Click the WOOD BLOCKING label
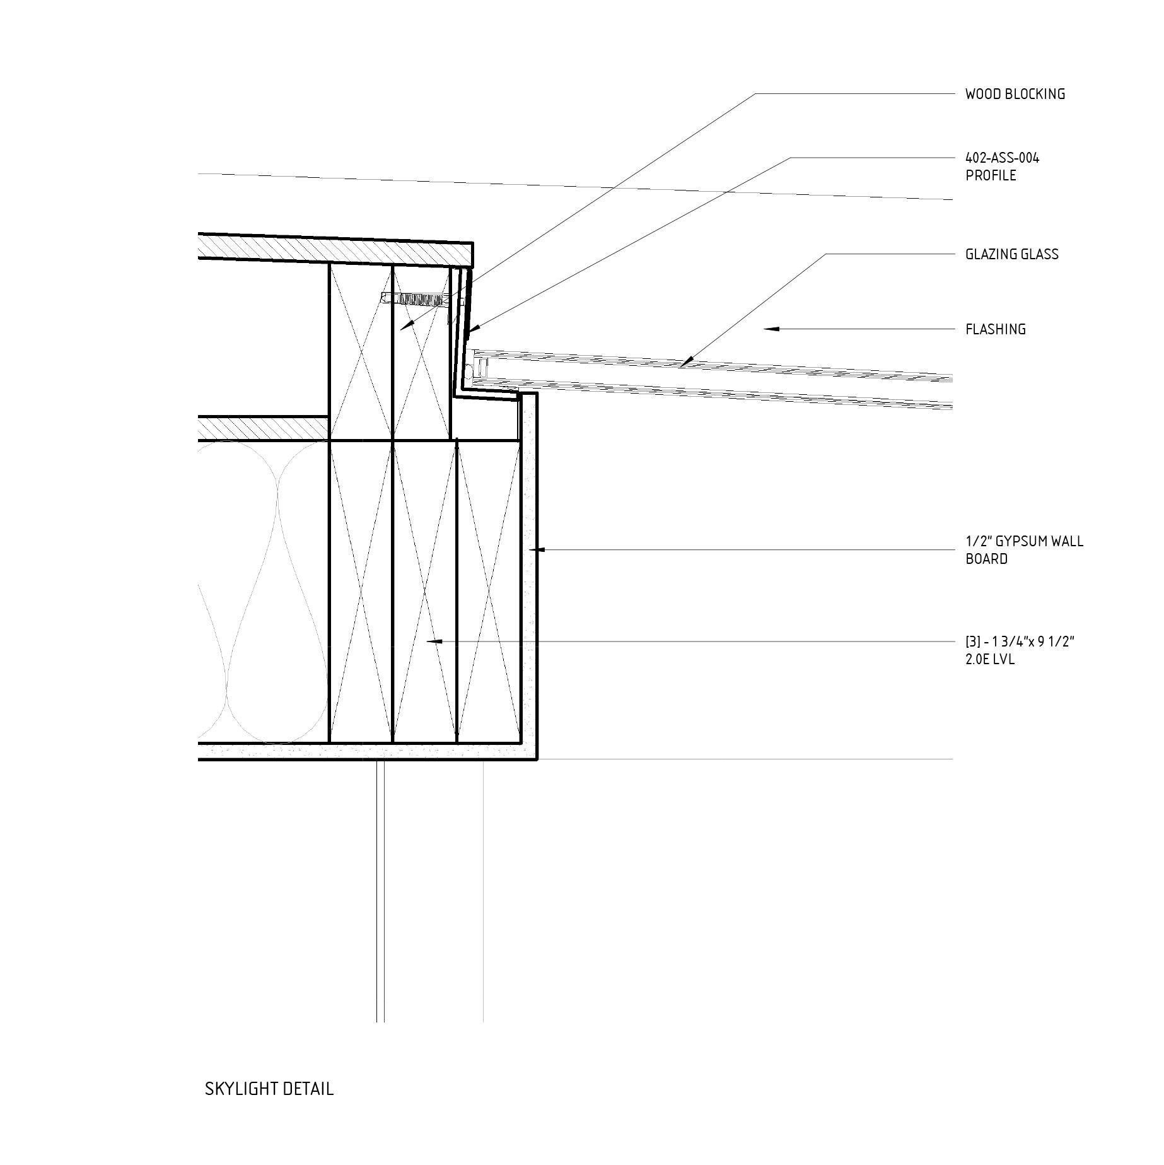pyautogui.click(x=1015, y=94)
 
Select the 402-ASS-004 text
pyautogui.click(x=1002, y=158)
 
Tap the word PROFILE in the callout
pyautogui.click(x=991, y=175)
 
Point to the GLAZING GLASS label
pyautogui.click(x=1011, y=254)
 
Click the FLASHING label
pyautogui.click(x=995, y=329)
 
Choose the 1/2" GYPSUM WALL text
pyautogui.click(x=1024, y=541)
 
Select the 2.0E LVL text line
pyautogui.click(x=990, y=660)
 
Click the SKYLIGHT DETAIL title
pyautogui.click(x=269, y=1089)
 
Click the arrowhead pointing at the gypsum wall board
pyautogui.click(x=534, y=550)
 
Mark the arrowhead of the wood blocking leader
pyautogui.click(x=407, y=326)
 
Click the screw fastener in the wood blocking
pyautogui.click(x=413, y=299)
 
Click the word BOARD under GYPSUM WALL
pyautogui.click(x=986, y=559)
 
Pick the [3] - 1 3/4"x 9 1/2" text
pyautogui.click(x=1019, y=643)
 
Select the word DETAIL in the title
pyautogui.click(x=308, y=1089)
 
